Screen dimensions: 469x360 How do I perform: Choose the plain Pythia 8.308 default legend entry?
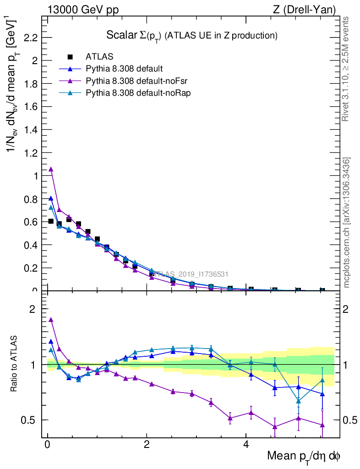point(124,69)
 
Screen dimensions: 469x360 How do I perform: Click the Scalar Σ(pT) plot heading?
point(192,35)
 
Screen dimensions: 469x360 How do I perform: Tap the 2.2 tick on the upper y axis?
point(30,38)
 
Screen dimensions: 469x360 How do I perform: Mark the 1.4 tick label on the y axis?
point(30,130)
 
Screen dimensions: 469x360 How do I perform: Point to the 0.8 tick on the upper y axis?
point(30,199)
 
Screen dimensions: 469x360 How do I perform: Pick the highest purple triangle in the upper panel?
point(51,169)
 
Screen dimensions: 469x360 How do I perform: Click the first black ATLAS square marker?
point(51,221)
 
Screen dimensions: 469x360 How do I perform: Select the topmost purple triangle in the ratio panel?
point(51,320)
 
